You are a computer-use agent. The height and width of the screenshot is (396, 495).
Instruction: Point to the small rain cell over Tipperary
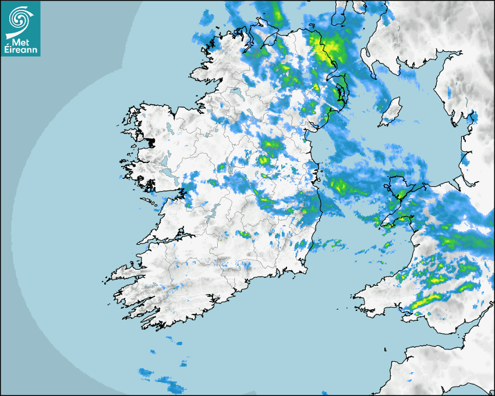244,234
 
